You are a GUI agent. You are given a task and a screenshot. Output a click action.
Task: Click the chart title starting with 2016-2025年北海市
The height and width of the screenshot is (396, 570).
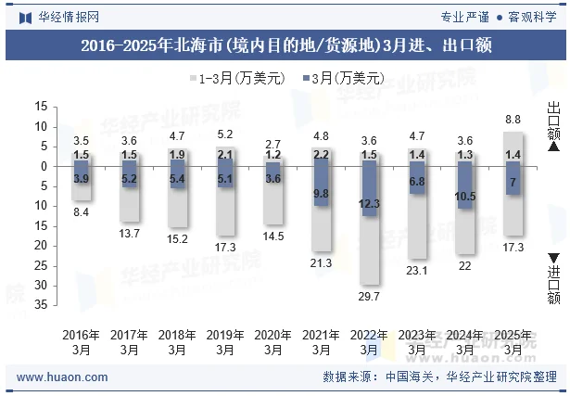[x=285, y=44]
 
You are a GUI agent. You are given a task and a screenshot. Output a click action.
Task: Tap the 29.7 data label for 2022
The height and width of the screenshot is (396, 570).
[x=369, y=297]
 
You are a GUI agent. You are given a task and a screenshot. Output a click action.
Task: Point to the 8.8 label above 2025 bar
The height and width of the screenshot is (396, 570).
[x=513, y=120]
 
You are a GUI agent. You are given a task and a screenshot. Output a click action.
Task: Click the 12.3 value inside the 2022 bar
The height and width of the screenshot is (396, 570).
[x=369, y=203]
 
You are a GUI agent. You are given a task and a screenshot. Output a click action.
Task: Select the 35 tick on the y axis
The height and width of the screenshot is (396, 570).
[x=41, y=305]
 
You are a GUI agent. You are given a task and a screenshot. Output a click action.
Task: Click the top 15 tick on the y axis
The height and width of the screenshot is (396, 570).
[x=41, y=107]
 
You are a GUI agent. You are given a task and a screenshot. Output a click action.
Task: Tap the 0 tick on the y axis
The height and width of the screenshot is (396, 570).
[x=44, y=166]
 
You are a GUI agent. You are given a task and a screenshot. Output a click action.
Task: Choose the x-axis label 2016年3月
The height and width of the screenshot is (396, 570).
[x=82, y=341]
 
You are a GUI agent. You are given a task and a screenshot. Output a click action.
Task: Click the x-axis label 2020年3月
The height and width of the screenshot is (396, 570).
[x=273, y=341]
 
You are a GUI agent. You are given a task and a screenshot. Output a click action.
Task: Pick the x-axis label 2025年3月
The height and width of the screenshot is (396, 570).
[x=513, y=341]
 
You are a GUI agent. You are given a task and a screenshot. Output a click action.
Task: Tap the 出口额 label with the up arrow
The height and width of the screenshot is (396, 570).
[x=553, y=123]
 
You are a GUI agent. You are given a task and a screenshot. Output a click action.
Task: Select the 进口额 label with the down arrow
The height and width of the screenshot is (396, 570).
[x=553, y=278]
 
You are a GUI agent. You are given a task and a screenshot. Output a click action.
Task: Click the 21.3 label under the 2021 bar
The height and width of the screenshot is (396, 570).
[x=322, y=263]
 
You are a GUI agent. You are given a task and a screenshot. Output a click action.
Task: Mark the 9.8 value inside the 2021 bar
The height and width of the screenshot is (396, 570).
[x=322, y=193]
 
